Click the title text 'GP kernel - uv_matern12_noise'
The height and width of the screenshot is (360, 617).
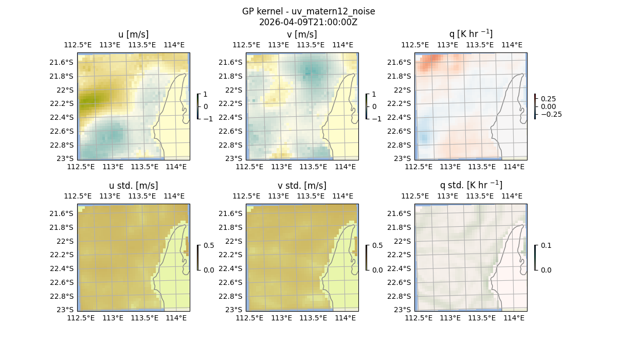click(308, 11)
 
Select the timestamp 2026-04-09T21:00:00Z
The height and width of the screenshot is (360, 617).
click(308, 22)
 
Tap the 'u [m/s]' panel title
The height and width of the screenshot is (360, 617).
click(134, 34)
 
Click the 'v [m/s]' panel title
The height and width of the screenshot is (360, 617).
click(302, 34)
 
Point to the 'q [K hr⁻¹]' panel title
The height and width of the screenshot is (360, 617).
click(471, 34)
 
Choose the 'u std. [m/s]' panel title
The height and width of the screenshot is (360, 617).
click(134, 186)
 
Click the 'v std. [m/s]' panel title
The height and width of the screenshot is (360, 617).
click(302, 186)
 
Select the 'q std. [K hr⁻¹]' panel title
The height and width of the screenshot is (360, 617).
click(471, 186)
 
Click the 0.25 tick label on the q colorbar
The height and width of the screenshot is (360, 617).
click(548, 99)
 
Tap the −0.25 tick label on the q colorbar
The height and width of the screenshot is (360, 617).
click(551, 114)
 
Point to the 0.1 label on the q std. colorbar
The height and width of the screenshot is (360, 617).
click(546, 245)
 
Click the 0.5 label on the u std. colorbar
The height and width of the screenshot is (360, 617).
click(209, 245)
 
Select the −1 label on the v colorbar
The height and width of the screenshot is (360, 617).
click(376, 119)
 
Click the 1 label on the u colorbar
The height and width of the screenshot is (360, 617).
click(206, 95)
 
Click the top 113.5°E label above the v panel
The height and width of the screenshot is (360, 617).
click(310, 45)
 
